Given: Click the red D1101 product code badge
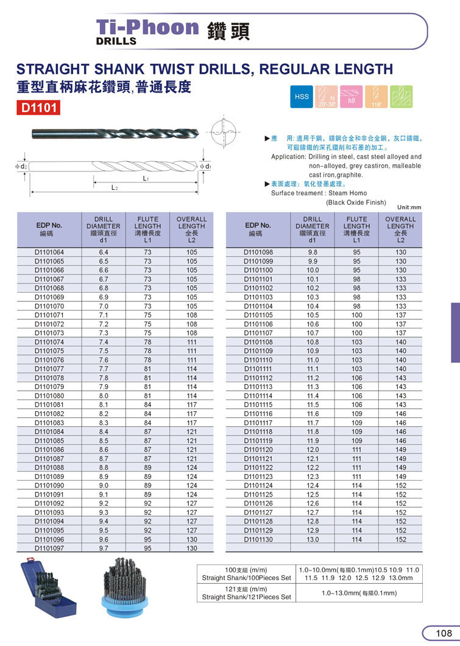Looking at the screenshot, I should (x=38, y=109).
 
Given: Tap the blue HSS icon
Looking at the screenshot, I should (x=302, y=96).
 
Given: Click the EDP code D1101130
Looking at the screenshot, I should (x=258, y=540).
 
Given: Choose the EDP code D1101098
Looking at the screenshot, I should (x=258, y=252).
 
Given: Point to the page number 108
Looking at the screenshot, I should (x=443, y=633).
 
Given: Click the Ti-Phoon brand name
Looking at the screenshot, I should (x=148, y=27).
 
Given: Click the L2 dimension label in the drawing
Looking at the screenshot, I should (x=114, y=188).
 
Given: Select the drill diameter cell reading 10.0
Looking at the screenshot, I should (x=313, y=270).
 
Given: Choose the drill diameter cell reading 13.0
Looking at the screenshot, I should (x=313, y=540).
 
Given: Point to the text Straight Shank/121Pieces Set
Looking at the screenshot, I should (x=247, y=597).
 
